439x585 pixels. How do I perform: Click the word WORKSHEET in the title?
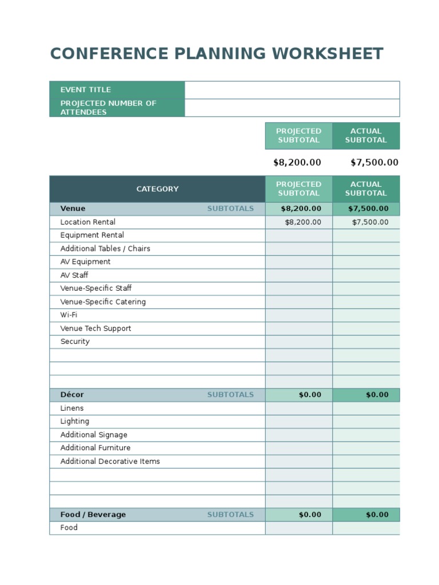327,54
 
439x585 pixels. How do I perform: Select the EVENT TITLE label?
86,90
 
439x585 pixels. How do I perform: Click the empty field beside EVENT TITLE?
292,90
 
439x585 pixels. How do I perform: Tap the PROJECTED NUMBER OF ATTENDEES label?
108,107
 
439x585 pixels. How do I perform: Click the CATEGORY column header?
157,189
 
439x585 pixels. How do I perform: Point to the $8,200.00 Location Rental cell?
303,222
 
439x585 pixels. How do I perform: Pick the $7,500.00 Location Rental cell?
370,222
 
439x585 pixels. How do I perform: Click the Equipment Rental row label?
92,235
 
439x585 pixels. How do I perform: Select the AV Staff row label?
74,275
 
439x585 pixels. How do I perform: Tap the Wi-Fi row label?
69,315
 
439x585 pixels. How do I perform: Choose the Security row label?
75,342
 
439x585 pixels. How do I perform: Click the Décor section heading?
72,395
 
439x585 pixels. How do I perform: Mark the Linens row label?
72,408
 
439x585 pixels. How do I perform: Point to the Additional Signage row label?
94,435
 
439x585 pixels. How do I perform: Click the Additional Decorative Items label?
110,462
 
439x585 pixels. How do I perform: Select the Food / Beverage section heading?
93,515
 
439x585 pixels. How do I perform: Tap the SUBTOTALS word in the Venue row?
230,209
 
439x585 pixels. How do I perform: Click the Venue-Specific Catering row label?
103,302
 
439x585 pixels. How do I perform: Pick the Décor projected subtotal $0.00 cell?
310,395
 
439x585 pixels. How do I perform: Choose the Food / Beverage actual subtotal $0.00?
377,515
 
